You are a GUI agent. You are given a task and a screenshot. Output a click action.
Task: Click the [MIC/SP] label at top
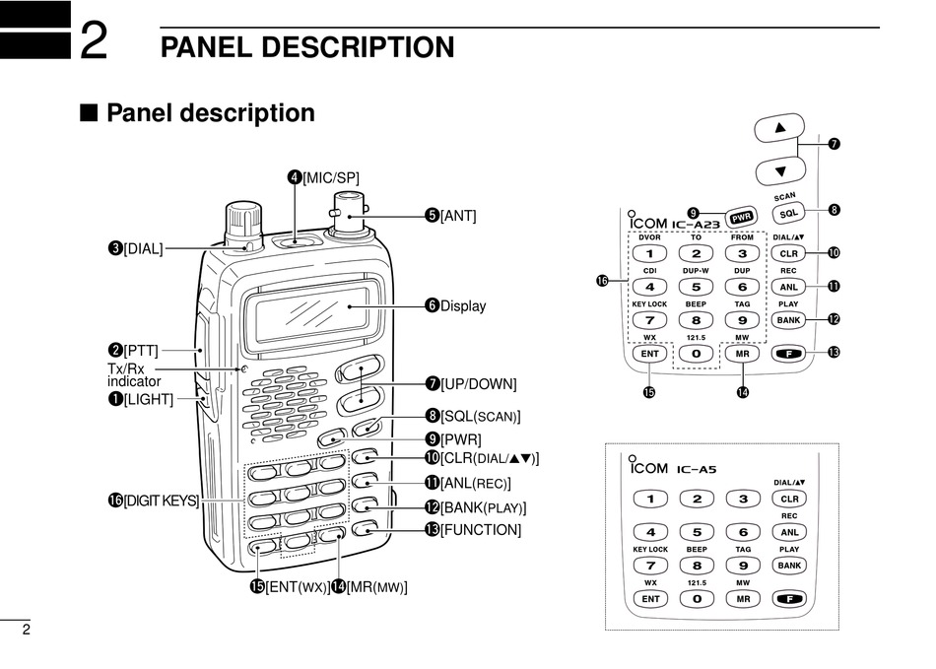[x=330, y=177]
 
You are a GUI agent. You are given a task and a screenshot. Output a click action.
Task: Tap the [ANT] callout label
[x=457, y=214]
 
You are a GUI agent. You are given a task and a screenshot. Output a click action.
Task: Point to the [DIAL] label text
[x=143, y=248]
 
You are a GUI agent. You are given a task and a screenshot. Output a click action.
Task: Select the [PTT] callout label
[x=140, y=350]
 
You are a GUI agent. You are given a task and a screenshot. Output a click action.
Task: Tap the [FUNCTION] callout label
[x=480, y=530]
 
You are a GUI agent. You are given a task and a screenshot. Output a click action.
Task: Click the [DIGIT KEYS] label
[x=160, y=501]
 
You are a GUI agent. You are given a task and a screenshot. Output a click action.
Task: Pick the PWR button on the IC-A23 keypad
[x=739, y=217]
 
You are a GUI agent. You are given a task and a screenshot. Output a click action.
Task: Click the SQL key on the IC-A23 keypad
[x=787, y=213]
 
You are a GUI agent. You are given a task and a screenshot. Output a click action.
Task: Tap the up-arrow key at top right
[x=781, y=128]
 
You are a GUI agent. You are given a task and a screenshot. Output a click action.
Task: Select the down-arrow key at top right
[x=781, y=170]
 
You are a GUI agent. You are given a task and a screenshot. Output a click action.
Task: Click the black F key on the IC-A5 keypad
[x=788, y=598]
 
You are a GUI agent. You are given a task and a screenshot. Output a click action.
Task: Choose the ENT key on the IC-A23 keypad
[x=649, y=353]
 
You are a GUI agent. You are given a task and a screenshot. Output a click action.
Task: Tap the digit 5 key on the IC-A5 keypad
[x=697, y=532]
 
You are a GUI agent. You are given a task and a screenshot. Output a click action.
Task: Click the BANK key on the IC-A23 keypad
[x=788, y=320]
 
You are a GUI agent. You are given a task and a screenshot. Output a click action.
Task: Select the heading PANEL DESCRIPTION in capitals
[x=307, y=47]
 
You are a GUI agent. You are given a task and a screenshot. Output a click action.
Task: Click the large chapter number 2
[x=93, y=41]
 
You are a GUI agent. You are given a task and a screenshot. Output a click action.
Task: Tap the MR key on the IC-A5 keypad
[x=743, y=598]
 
